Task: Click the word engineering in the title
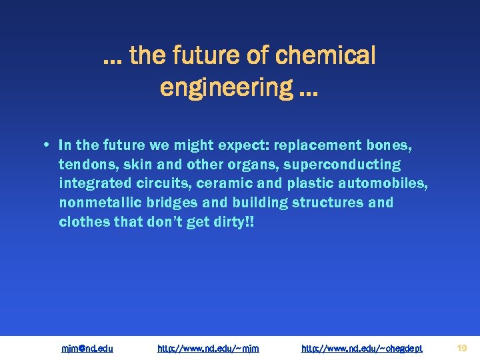point(226,87)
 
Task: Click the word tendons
point(84,165)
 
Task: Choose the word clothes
point(84,221)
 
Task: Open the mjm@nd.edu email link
point(87,348)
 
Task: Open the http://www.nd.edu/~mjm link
point(208,348)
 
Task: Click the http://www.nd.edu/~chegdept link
point(362,348)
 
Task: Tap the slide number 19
point(461,347)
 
